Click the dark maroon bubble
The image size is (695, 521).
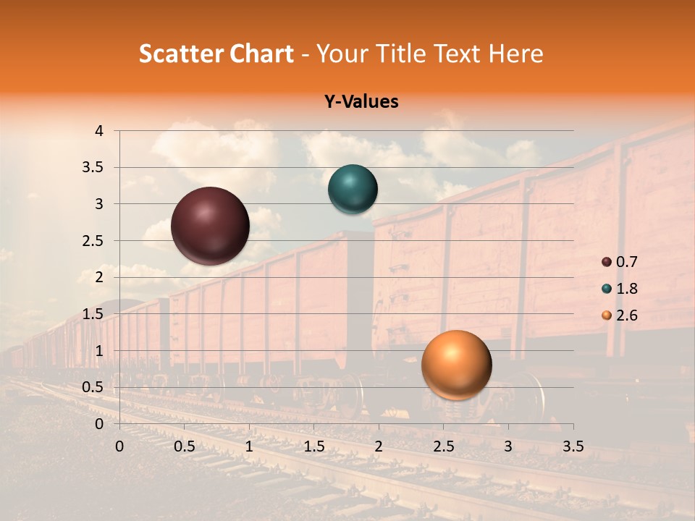[210, 226]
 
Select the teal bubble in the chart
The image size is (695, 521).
[353, 190]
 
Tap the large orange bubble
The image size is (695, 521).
[456, 365]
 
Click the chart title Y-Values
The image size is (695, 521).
[361, 102]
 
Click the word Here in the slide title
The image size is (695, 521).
[515, 54]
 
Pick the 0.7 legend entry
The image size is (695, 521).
[620, 262]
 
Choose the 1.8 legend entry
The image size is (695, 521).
[620, 289]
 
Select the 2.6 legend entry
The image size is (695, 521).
[620, 315]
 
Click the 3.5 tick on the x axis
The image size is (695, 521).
[573, 446]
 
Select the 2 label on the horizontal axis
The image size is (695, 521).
[379, 446]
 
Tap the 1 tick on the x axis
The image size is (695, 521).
[249, 446]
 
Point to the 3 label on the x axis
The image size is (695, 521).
[508, 446]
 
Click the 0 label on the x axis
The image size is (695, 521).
[119, 446]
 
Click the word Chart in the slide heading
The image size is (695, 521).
[260, 54]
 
